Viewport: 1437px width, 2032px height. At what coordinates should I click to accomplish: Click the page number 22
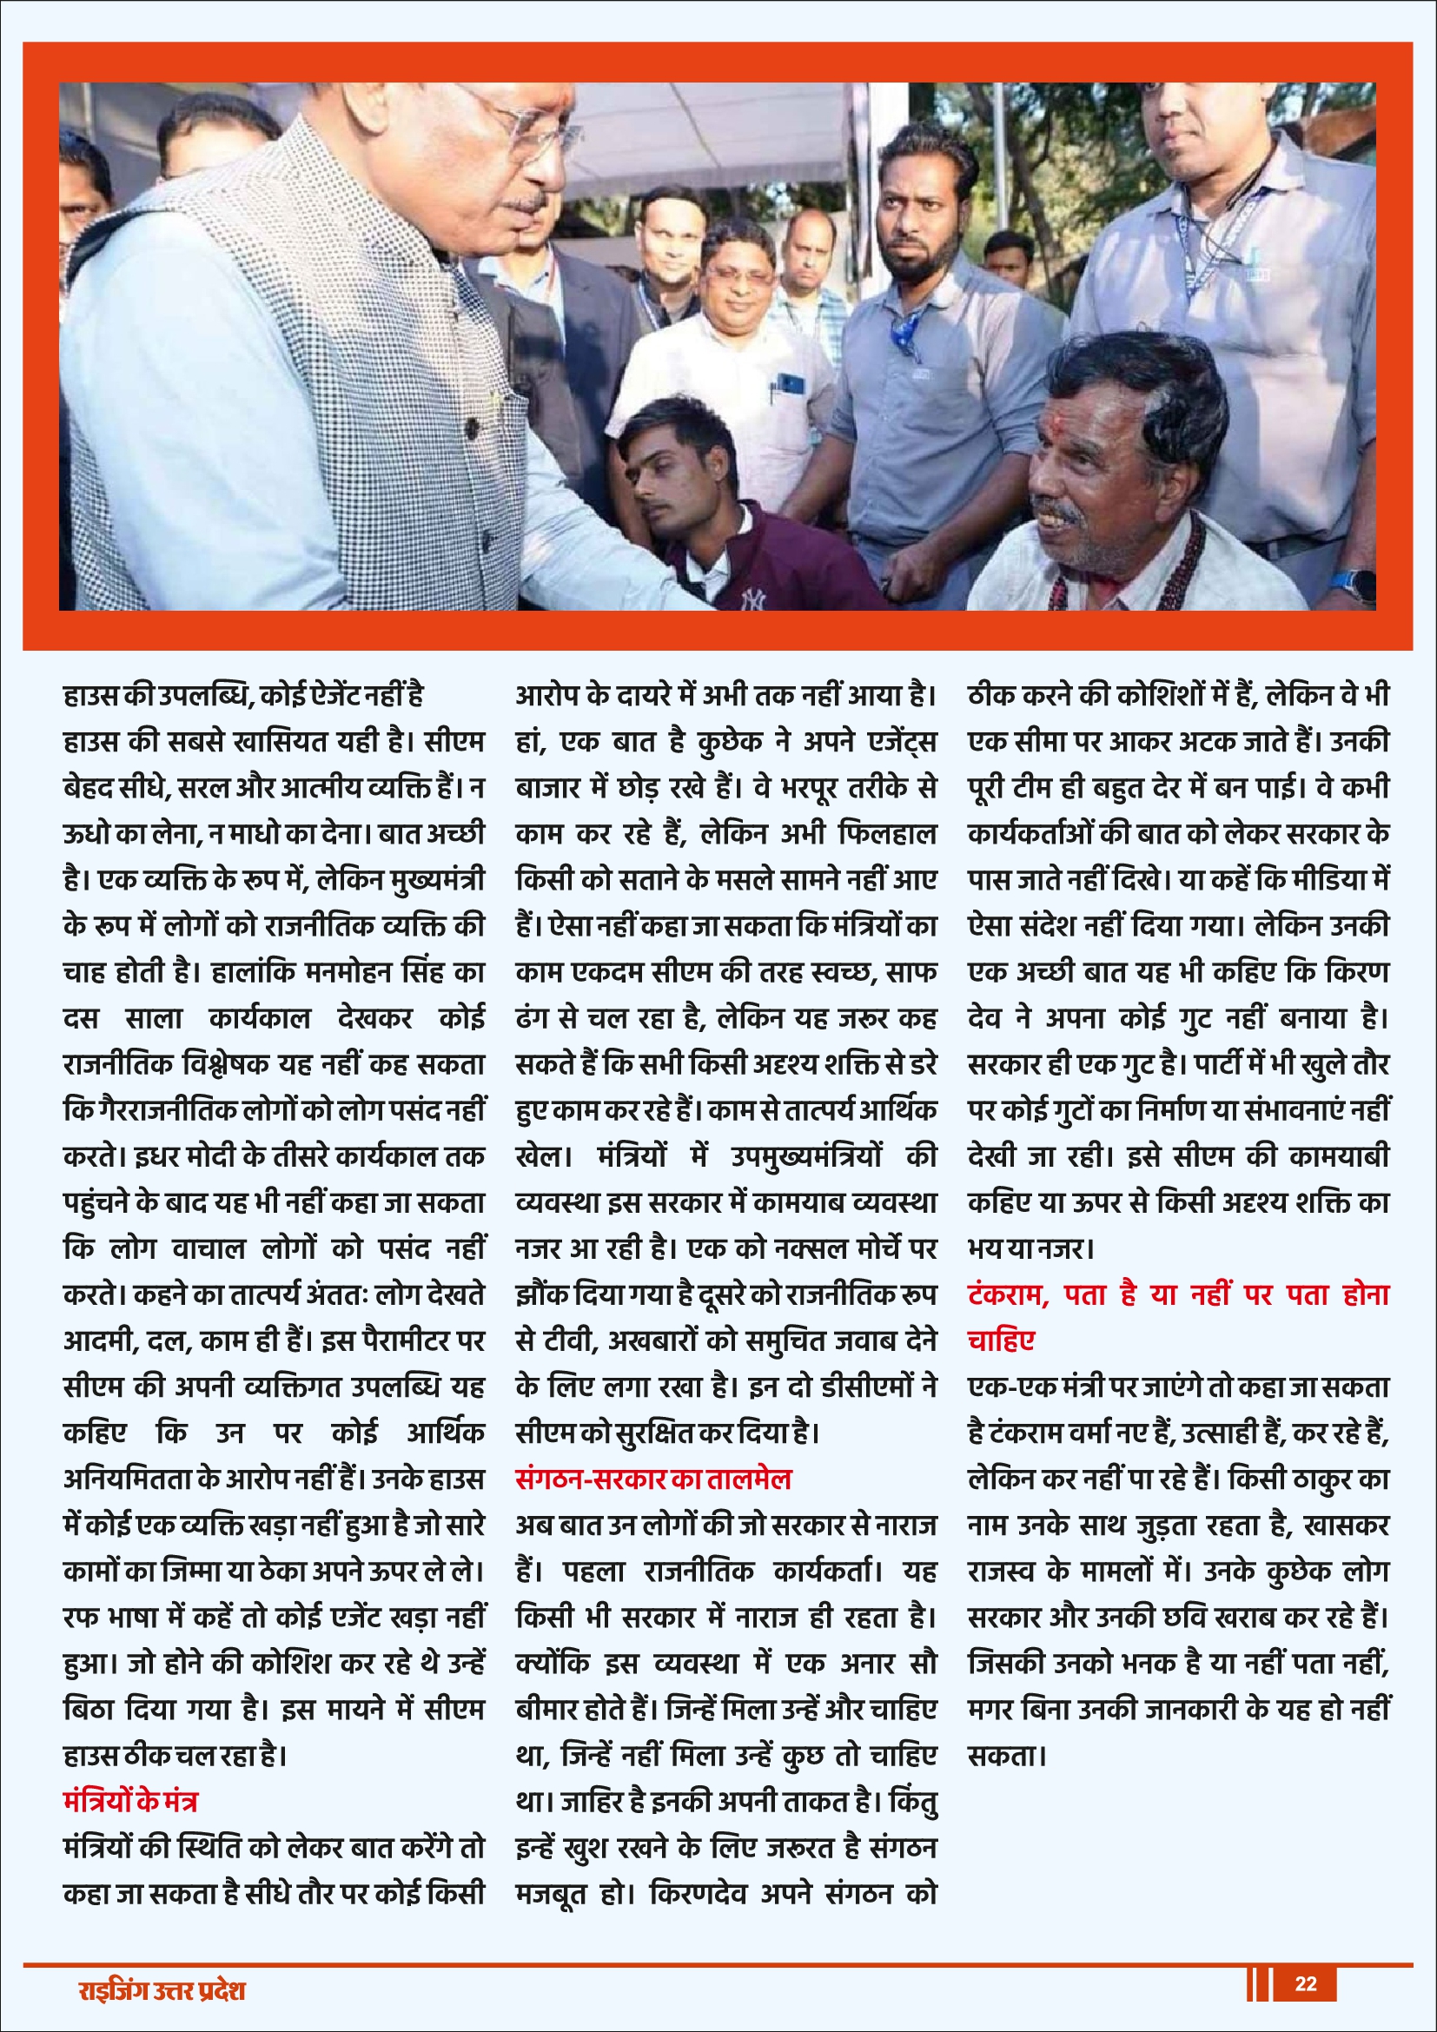coord(1305,1982)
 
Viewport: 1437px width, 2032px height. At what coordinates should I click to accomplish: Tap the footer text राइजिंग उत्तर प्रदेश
coord(161,1990)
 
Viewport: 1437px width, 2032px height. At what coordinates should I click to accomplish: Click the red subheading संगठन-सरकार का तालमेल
coord(653,1479)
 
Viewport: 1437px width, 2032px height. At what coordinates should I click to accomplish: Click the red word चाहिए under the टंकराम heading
coord(1001,1340)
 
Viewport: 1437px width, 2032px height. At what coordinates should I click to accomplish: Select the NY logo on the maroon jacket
coord(754,601)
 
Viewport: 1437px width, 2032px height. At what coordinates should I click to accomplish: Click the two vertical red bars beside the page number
coord(1258,1983)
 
